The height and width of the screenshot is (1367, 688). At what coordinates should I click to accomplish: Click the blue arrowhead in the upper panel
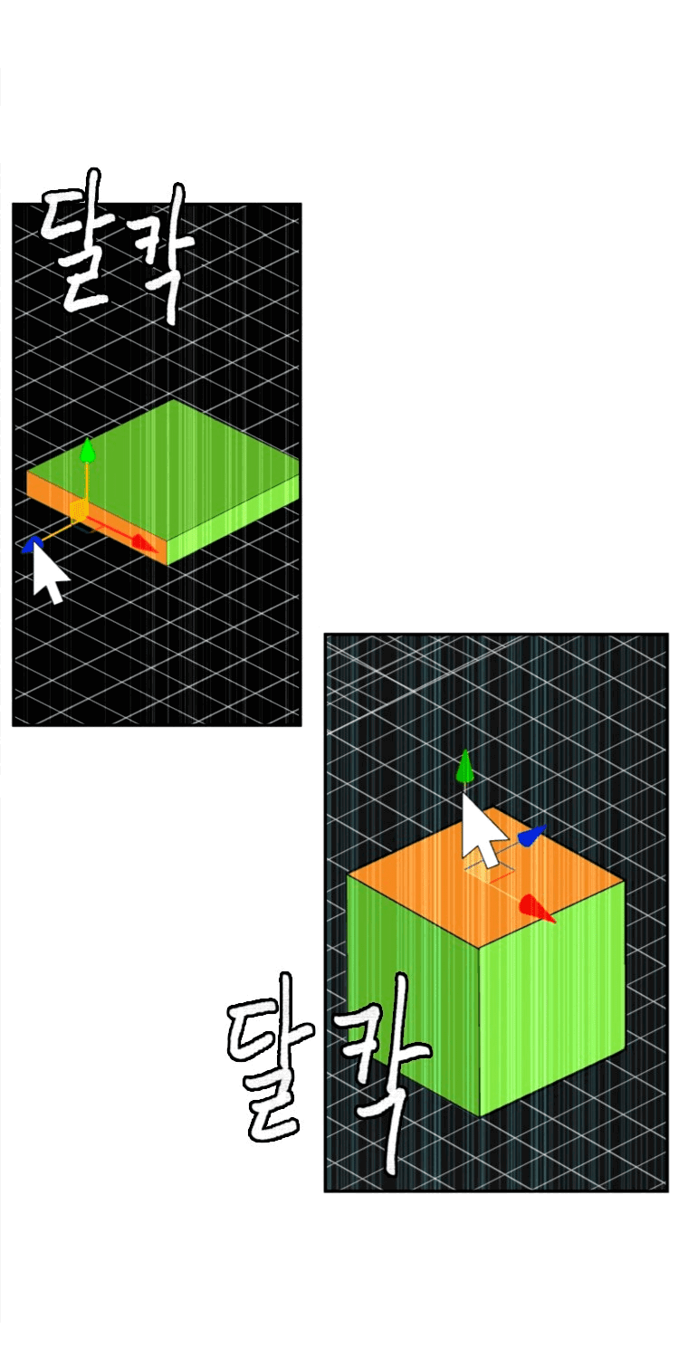(31, 544)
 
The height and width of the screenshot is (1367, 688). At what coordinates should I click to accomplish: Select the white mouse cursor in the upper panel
(50, 572)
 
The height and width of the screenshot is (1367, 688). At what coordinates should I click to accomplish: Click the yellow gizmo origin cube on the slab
(78, 510)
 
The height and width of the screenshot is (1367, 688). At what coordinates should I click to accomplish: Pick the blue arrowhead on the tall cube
(531, 836)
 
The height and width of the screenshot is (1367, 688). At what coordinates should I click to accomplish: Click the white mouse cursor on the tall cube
(483, 830)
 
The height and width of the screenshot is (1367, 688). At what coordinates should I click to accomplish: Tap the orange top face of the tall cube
(485, 877)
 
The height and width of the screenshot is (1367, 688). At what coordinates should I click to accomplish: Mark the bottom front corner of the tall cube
(480, 1116)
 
